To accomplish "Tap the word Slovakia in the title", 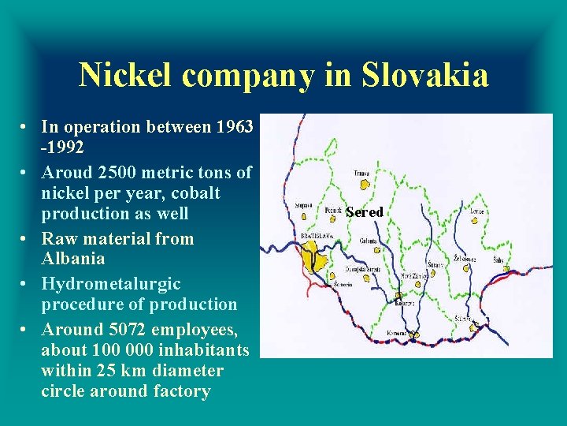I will click(x=425, y=76).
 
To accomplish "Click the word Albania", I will click(x=72, y=259).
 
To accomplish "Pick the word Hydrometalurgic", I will click(x=110, y=284).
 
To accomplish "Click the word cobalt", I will click(x=194, y=193).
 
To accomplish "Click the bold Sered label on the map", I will click(x=364, y=212).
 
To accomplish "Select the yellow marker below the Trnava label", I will click(x=364, y=185).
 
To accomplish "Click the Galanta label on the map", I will click(x=368, y=240).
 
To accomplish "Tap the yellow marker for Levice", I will click(x=475, y=221).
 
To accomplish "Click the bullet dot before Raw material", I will click(x=26, y=239).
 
